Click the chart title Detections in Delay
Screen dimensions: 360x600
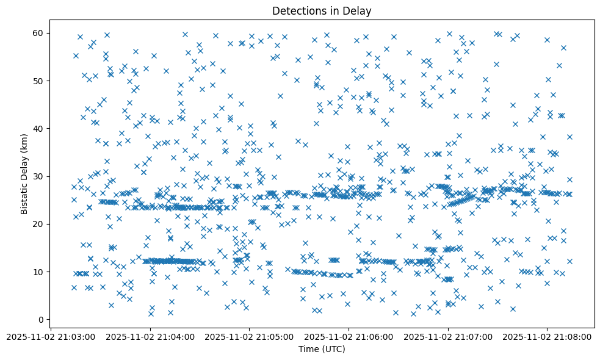[x=322, y=10]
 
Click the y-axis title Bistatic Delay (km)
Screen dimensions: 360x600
[x=24, y=174]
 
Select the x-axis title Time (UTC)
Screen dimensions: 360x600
[x=322, y=349]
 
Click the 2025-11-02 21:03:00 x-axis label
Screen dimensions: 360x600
[x=51, y=336]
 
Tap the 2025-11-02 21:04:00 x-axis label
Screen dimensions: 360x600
[x=150, y=336]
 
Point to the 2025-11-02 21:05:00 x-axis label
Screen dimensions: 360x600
[x=250, y=336]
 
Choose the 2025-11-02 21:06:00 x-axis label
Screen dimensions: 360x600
[x=349, y=336]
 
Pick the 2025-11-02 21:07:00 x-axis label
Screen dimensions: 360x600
[x=449, y=336]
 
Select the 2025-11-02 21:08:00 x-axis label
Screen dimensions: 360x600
[x=548, y=336]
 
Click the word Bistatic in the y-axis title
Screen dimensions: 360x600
[x=24, y=195]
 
